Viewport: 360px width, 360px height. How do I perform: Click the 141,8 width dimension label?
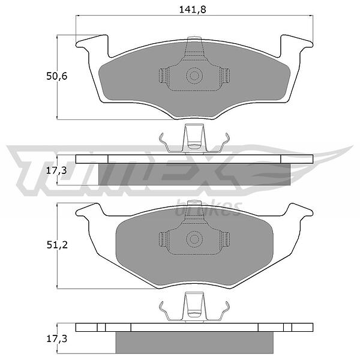[193, 10]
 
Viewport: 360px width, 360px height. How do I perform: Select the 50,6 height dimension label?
[57, 76]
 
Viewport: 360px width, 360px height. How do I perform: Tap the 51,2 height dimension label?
[57, 245]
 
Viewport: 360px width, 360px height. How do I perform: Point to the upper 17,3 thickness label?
[56, 170]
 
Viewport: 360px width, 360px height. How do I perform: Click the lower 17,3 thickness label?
[56, 338]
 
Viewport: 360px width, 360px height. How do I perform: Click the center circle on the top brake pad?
[194, 76]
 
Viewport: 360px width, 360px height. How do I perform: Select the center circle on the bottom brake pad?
[194, 239]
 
